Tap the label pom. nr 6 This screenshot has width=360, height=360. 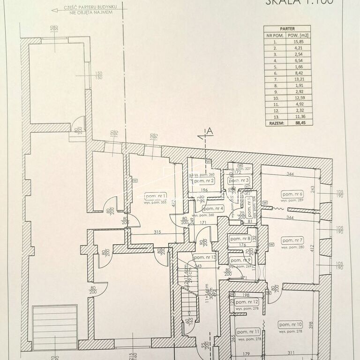(x=292, y=194)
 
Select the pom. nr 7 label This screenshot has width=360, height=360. (x=292, y=240)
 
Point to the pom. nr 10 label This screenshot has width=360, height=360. (x=290, y=324)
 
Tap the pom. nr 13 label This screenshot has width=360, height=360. (x=205, y=258)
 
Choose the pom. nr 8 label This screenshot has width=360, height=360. (x=240, y=239)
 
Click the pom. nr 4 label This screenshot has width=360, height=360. (x=213, y=208)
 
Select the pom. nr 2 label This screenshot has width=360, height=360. (x=204, y=180)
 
